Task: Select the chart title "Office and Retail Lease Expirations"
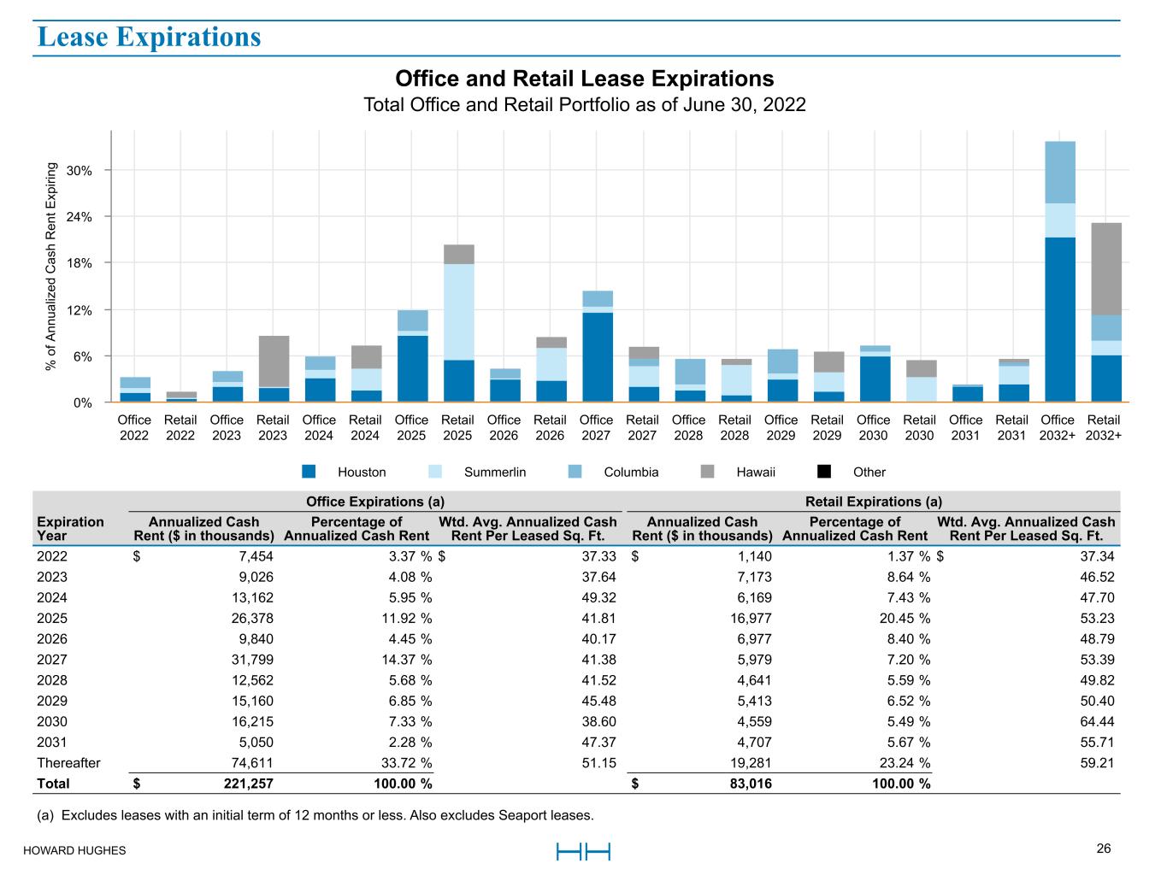(x=584, y=79)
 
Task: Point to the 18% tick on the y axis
(x=79, y=263)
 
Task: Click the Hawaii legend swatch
(x=707, y=472)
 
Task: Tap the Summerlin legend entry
(x=494, y=472)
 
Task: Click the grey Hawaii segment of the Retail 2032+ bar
(x=1106, y=268)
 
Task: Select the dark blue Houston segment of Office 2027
(x=597, y=356)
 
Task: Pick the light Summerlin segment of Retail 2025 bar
(x=458, y=312)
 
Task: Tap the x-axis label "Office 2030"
(x=873, y=427)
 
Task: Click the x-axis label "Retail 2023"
(x=273, y=427)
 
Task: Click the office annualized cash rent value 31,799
(x=251, y=660)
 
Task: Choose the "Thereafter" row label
(x=68, y=763)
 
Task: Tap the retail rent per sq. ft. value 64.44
(x=1097, y=722)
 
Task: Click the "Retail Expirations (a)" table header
(x=873, y=502)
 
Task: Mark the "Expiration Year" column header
(x=70, y=528)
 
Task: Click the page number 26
(x=1104, y=849)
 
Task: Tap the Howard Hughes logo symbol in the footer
(x=583, y=852)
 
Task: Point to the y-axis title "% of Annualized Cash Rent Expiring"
(x=52, y=267)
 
